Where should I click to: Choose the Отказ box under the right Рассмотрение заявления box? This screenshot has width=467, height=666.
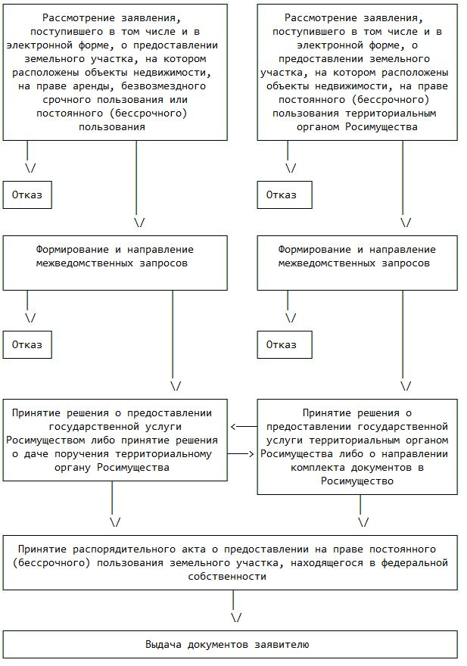(x=281, y=195)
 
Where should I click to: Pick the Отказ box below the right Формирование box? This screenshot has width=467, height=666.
(x=281, y=344)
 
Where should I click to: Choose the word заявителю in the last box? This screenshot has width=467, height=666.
(x=282, y=644)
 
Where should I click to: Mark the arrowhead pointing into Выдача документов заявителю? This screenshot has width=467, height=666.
(x=235, y=617)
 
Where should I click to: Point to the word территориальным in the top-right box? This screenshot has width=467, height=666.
(x=388, y=113)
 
